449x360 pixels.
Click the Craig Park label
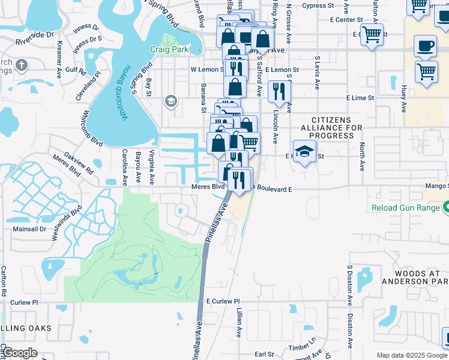pyautogui.click(x=169, y=49)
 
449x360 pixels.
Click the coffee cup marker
pyautogui.click(x=426, y=46)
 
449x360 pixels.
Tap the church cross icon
pyautogui.click(x=22, y=65)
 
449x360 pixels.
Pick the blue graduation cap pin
pyautogui.click(x=304, y=152)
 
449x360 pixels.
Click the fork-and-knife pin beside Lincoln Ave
pyautogui.click(x=279, y=92)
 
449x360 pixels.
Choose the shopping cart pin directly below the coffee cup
pyautogui.click(x=427, y=71)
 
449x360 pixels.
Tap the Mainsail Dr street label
pyautogui.click(x=26, y=229)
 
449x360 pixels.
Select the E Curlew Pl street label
pyautogui.click(x=223, y=301)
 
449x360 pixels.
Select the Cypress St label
pyautogui.click(x=318, y=5)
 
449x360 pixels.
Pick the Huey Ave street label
pyautogui.click(x=403, y=97)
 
